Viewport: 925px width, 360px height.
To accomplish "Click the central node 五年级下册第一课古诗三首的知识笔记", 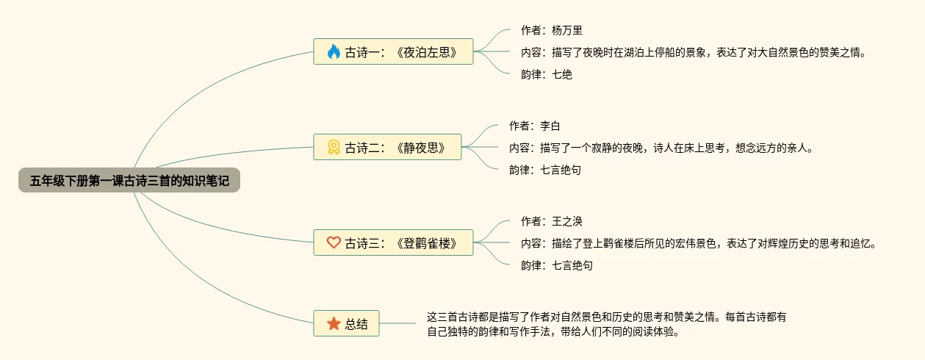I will [129, 180].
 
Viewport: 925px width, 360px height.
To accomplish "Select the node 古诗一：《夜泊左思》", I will [393, 51].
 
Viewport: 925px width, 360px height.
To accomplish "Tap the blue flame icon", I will [334, 51].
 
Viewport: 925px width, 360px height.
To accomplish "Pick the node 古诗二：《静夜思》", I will [387, 147].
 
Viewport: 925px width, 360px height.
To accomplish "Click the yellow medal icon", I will [334, 147].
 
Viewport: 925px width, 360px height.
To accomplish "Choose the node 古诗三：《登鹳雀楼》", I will [393, 242].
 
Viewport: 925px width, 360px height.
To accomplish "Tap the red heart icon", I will [334, 242].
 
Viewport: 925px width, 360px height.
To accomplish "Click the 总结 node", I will [346, 323].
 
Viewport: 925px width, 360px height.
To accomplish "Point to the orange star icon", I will [334, 323].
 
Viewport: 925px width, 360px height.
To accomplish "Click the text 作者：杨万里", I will [551, 30].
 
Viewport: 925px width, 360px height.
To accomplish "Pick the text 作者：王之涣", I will [551, 221].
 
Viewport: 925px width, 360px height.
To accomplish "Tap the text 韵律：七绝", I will [546, 74].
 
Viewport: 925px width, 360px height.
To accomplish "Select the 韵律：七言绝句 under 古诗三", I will [556, 265].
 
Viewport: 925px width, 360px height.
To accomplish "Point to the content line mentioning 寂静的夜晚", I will [661, 148].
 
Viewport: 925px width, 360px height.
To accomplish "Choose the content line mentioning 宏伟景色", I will [698, 243].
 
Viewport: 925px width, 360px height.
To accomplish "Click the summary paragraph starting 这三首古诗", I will [606, 324].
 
